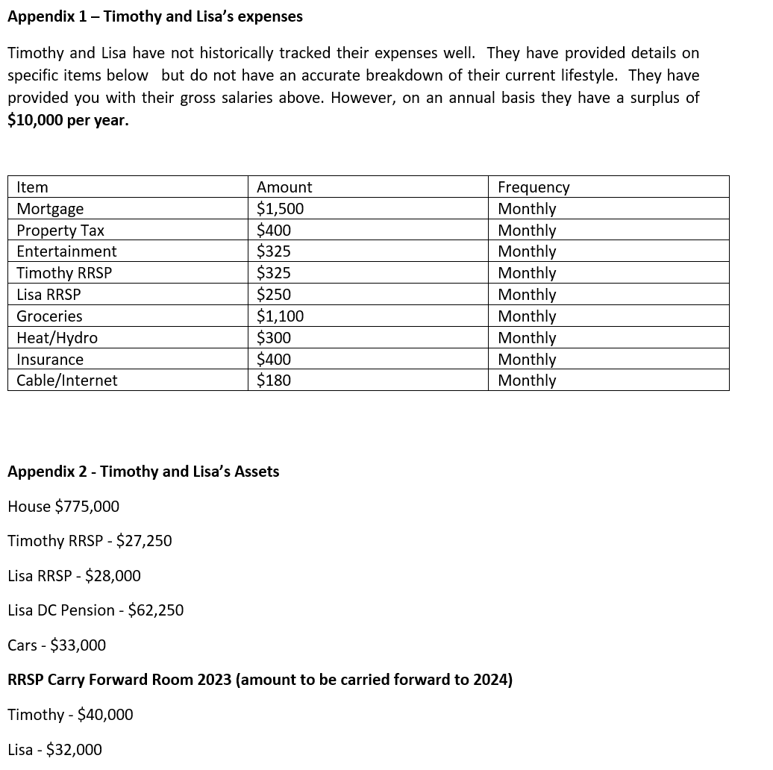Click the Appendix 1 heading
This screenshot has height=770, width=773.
(x=155, y=16)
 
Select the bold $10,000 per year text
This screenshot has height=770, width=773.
(x=68, y=120)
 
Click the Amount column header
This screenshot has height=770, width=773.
(x=284, y=187)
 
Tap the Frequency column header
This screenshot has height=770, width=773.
(x=533, y=187)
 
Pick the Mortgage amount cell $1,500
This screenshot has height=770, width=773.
(x=280, y=209)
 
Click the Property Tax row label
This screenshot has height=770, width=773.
(x=60, y=231)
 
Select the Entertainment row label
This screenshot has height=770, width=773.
(x=66, y=251)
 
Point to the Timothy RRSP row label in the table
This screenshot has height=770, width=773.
(x=64, y=273)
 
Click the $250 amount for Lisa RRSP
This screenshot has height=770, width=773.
(x=274, y=295)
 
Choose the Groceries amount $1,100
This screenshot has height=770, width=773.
(x=280, y=316)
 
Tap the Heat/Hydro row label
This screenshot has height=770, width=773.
(x=57, y=338)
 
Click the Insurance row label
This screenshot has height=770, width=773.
(x=50, y=360)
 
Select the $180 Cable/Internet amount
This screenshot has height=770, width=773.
(x=274, y=381)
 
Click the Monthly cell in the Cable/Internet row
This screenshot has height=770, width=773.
(x=527, y=381)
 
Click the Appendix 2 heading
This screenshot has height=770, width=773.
(x=143, y=472)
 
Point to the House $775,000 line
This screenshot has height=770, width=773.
(x=63, y=507)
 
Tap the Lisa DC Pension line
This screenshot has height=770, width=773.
(x=96, y=610)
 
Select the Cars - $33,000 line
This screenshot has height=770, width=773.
(x=57, y=645)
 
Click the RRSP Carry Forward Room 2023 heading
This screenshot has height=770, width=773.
(x=260, y=680)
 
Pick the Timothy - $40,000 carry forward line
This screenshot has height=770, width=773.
(x=70, y=715)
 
